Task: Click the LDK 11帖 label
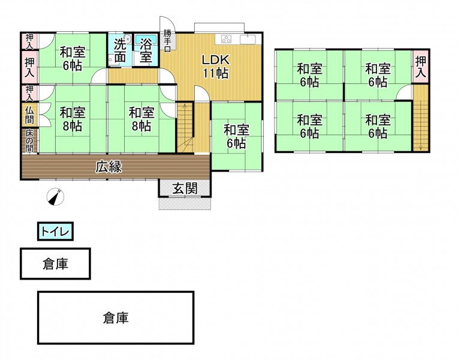pos(214,66)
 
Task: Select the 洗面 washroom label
pos(119,50)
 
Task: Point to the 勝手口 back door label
pos(167,40)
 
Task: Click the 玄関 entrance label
pos(185,188)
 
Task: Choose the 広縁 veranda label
pos(109,167)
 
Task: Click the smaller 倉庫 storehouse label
pos(55,264)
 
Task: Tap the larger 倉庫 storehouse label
pos(115,317)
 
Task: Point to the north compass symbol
pos(56,196)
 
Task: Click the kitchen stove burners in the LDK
pos(227,40)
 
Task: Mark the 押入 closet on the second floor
pos(421,67)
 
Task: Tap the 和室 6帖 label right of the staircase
pos(236,136)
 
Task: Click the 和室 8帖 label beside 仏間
pos(72,119)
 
